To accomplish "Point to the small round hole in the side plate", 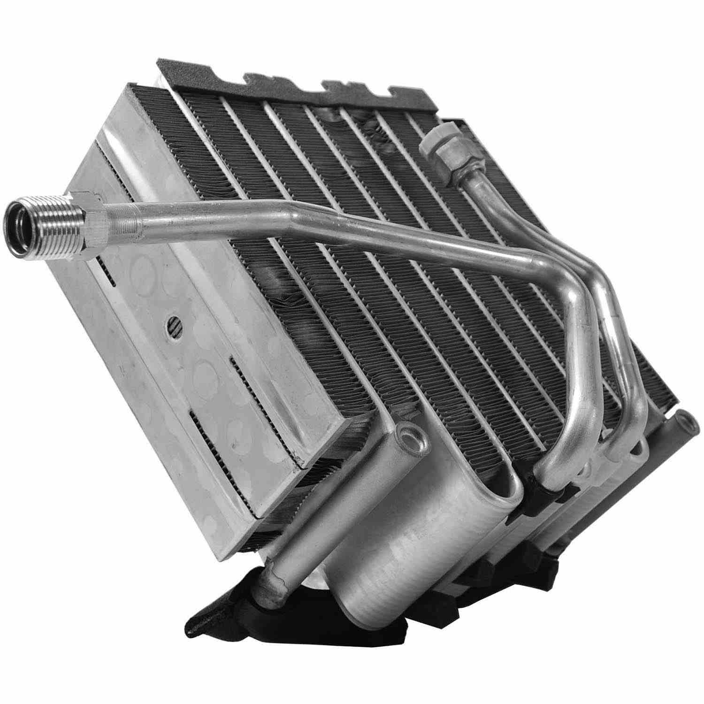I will click(x=172, y=324).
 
